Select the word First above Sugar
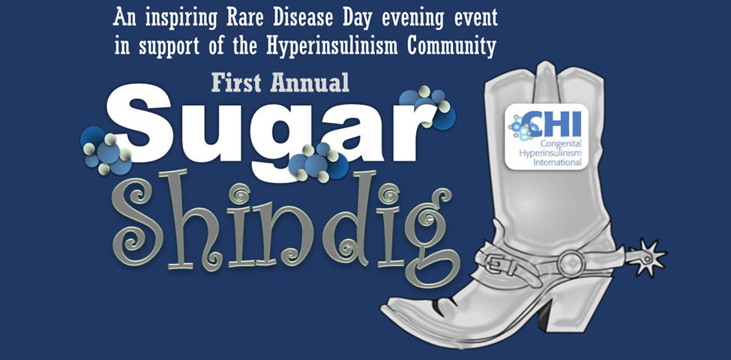point(237,82)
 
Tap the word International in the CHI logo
point(558,162)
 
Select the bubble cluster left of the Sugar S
point(106,150)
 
